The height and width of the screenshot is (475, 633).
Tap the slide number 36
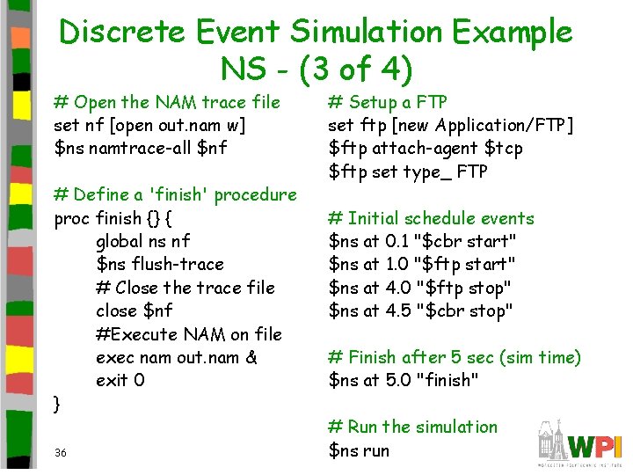pyautogui.click(x=61, y=452)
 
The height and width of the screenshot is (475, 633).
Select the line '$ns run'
pyautogui.click(x=358, y=450)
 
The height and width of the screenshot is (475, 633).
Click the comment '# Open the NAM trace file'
pyautogui.click(x=167, y=102)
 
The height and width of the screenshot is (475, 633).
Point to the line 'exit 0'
pyautogui.click(x=120, y=380)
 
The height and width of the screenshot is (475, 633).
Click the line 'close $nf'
pyautogui.click(x=135, y=311)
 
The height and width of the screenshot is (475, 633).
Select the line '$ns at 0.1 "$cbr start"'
pyautogui.click(x=422, y=241)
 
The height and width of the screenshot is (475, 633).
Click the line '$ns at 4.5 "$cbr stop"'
pyautogui.click(x=420, y=311)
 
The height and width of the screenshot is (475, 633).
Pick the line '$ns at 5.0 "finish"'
pyautogui.click(x=404, y=380)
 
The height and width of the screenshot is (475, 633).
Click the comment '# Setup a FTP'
pyautogui.click(x=388, y=102)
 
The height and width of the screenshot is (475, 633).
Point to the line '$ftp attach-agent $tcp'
pyautogui.click(x=426, y=148)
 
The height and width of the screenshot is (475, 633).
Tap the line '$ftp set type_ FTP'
pyautogui.click(x=408, y=172)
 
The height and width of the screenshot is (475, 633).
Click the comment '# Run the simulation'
pyautogui.click(x=412, y=427)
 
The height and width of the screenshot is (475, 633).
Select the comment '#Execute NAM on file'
pyautogui.click(x=189, y=334)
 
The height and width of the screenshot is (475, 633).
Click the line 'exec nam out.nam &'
pyautogui.click(x=177, y=357)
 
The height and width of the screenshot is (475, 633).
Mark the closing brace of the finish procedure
pyautogui.click(x=57, y=405)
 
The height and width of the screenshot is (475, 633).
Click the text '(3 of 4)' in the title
pyautogui.click(x=358, y=69)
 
